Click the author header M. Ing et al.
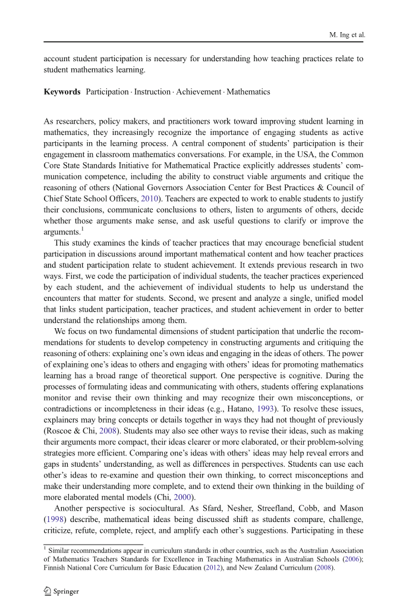pyautogui.click(x=347, y=35)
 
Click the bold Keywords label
pyautogui.click(x=62, y=92)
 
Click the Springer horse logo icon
pyautogui.click(x=48, y=592)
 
